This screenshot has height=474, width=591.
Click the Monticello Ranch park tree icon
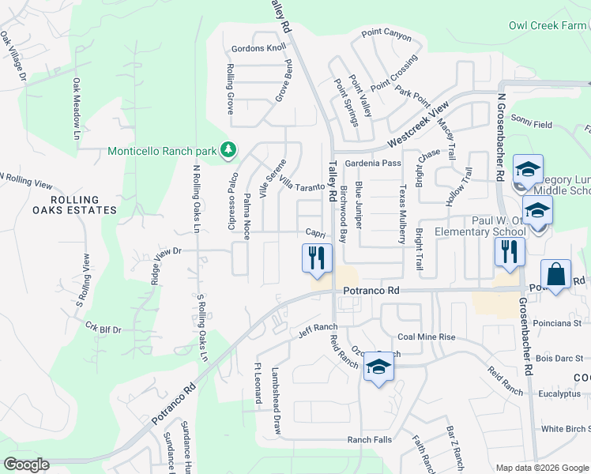pos(228,149)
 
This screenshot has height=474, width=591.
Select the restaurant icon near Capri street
pos(316,258)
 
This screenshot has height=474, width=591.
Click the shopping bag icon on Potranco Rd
pos(556,275)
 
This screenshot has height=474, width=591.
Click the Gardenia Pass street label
pos(368,163)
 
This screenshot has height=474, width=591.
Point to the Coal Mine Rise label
pos(427,337)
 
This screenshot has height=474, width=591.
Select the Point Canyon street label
pos(386,35)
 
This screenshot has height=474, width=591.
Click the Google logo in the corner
pos(26,465)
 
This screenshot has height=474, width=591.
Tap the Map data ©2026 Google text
pos(542,468)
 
